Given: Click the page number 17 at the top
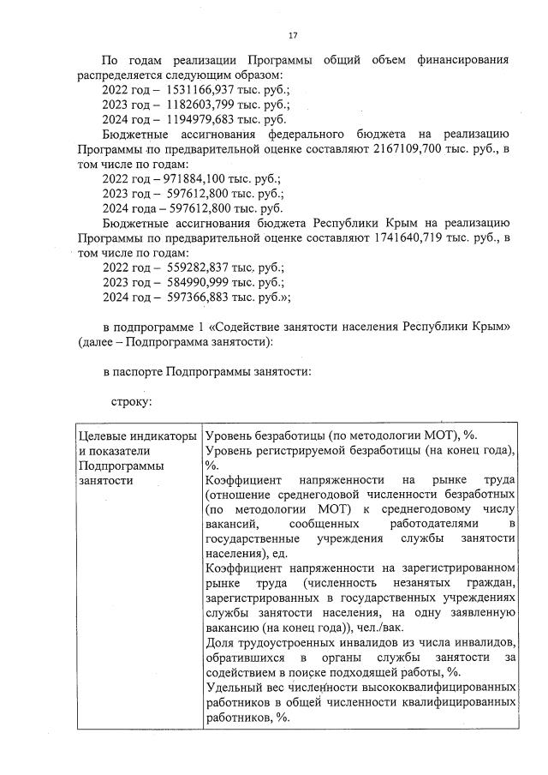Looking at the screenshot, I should pyautogui.click(x=293, y=35).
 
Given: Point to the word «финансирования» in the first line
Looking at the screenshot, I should pyautogui.click(x=462, y=60).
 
